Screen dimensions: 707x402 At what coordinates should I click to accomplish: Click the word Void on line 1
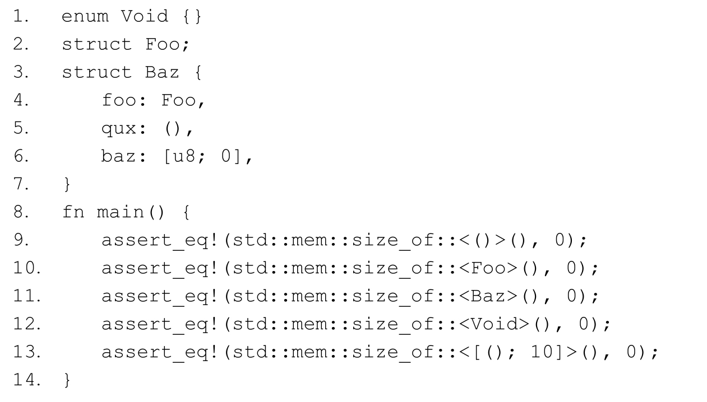coord(145,16)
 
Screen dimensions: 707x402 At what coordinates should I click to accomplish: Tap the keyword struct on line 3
coord(96,72)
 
